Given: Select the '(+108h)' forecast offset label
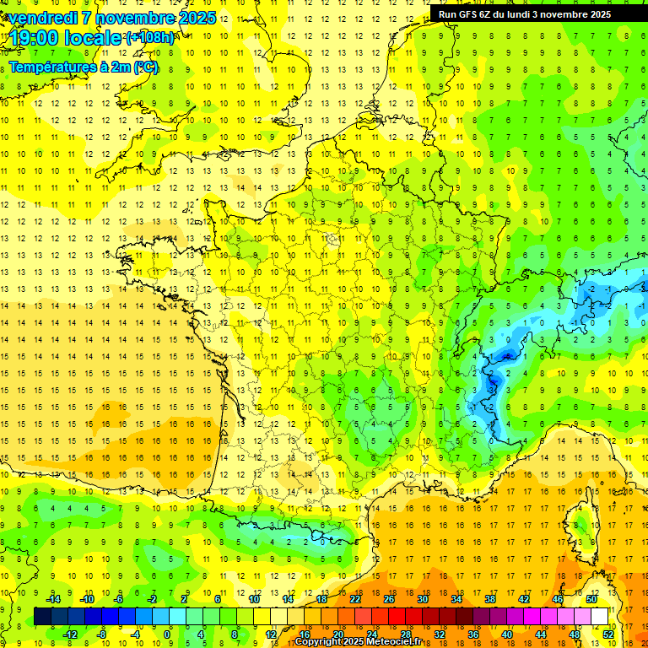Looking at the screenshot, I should pyautogui.click(x=150, y=38).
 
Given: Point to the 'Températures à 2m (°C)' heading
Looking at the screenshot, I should pyautogui.click(x=83, y=67).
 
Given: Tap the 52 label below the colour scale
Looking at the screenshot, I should pyautogui.click(x=608, y=634).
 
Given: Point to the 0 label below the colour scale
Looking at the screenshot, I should pyautogui.click(x=167, y=634).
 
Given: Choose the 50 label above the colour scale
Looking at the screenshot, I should pyautogui.click(x=591, y=598).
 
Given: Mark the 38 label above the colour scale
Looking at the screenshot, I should pyautogui.click(x=489, y=598).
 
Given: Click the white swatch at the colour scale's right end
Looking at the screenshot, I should pyautogui.click(x=599, y=616).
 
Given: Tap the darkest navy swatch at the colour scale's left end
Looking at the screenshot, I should pyautogui.click(x=42, y=616).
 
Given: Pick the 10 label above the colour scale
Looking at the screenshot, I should pyautogui.click(x=254, y=598).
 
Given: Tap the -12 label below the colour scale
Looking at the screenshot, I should pyautogui.click(x=70, y=634).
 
